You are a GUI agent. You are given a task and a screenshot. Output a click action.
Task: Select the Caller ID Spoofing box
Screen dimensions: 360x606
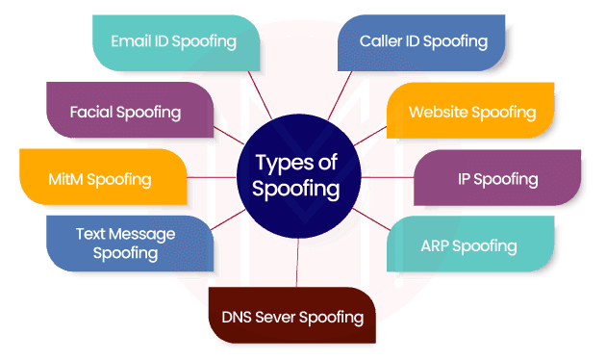click(423, 41)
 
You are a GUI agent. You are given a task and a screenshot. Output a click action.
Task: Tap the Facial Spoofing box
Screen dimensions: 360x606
click(125, 112)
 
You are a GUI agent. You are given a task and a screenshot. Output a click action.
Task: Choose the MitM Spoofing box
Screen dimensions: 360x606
click(99, 179)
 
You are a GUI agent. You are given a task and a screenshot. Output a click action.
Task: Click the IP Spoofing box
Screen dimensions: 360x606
click(497, 179)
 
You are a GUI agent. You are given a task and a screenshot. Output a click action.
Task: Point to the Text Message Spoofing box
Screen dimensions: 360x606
click(125, 243)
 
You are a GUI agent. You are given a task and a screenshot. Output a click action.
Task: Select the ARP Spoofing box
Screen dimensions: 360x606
click(468, 245)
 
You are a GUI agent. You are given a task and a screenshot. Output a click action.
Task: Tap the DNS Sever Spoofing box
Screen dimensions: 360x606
click(292, 317)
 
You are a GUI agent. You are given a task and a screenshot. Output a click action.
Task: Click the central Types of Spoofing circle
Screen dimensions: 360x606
click(296, 176)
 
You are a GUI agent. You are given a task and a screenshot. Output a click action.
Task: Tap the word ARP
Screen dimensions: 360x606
click(438, 245)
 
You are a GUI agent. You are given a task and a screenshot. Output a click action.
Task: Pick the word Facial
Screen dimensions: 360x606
click(92, 112)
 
